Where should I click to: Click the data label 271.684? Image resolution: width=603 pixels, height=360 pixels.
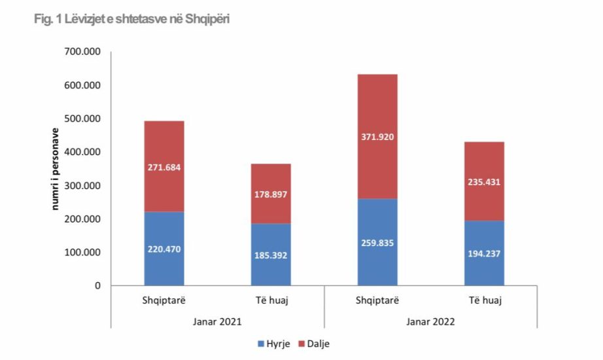pyautogui.click(x=164, y=167)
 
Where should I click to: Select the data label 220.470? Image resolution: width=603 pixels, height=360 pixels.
pyautogui.click(x=164, y=249)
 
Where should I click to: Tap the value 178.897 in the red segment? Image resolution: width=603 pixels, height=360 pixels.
pyautogui.click(x=271, y=194)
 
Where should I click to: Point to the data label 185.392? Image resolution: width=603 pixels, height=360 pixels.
pyautogui.click(x=271, y=255)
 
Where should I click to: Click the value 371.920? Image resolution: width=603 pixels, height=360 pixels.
pyautogui.click(x=377, y=137)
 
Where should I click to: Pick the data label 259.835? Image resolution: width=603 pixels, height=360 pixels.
pyautogui.click(x=377, y=243)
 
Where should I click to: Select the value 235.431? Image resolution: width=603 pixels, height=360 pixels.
pyautogui.click(x=484, y=182)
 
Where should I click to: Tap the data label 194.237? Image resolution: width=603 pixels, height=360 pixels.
pyautogui.click(x=484, y=253)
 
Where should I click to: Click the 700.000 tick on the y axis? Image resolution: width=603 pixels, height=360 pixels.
pyautogui.click(x=82, y=52)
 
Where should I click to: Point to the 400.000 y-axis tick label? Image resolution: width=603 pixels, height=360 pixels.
pyautogui.click(x=82, y=152)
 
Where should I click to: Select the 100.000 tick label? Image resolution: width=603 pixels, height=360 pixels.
pyautogui.click(x=82, y=252)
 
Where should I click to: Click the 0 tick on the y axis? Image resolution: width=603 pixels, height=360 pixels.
pyautogui.click(x=97, y=285)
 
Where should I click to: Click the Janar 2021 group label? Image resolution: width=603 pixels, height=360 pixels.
pyautogui.click(x=217, y=321)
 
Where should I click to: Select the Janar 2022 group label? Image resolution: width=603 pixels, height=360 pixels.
pyautogui.click(x=430, y=321)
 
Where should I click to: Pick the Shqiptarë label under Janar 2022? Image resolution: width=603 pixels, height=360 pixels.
pyautogui.click(x=377, y=301)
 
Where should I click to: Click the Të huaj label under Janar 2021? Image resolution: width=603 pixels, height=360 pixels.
pyautogui.click(x=271, y=301)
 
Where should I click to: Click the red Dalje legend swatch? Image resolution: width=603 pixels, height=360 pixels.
pyautogui.click(x=303, y=343)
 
